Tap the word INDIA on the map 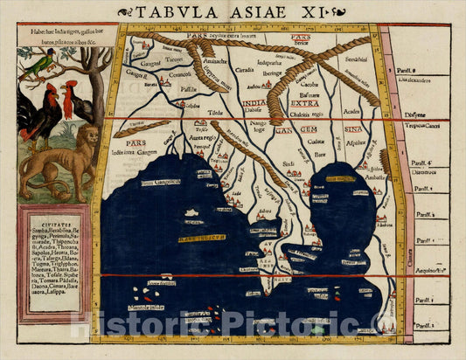click(x=254, y=102)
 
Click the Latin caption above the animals click(x=61, y=34)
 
